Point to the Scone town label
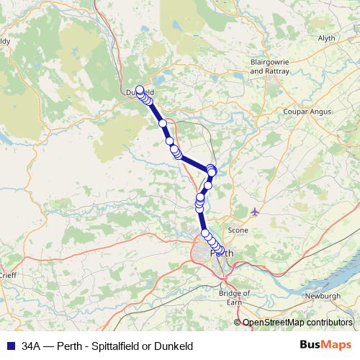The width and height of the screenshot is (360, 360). point(238,230)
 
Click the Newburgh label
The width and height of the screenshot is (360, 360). point(322,296)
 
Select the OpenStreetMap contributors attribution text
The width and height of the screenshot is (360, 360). point(297,323)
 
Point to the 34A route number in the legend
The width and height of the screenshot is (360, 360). point(32,346)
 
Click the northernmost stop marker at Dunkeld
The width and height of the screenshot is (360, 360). point(140,90)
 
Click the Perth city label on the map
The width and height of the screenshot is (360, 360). point(222,253)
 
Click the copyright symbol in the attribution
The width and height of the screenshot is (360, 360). point(238,323)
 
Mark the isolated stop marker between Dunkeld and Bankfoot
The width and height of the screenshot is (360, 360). point(163,123)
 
